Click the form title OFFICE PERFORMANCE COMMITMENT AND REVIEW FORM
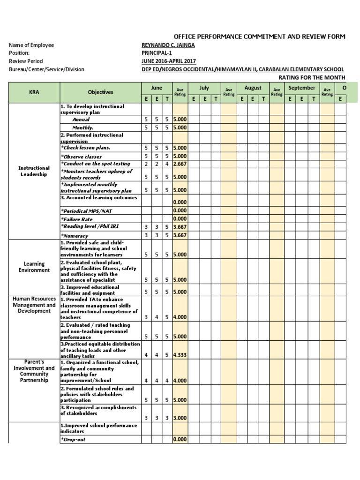click(x=259, y=37)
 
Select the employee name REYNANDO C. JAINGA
click(x=168, y=45)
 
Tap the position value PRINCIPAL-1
click(x=157, y=53)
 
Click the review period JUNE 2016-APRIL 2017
click(x=169, y=61)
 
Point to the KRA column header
click(x=34, y=92)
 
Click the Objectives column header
click(x=100, y=92)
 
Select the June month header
click(x=157, y=88)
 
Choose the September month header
click(x=301, y=88)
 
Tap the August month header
click(x=253, y=88)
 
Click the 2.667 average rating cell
click(x=180, y=164)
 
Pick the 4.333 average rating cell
click(x=180, y=355)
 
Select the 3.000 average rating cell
click(x=180, y=418)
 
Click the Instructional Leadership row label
click(x=34, y=171)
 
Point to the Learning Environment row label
click(x=34, y=267)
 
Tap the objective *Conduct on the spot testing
click(x=95, y=164)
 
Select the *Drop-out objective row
click(x=73, y=440)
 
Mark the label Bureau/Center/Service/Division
click(x=46, y=69)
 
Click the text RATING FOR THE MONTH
click(x=312, y=77)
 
